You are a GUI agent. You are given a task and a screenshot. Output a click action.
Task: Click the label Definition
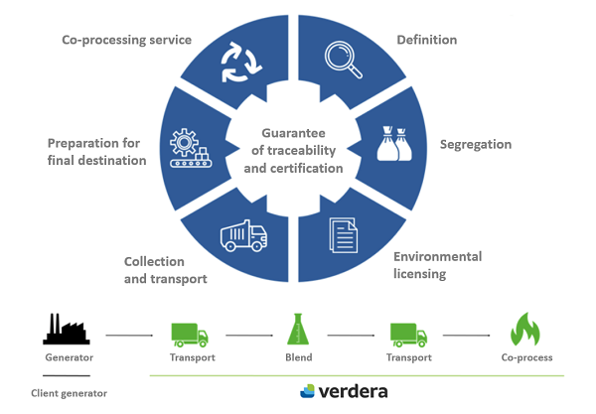pyautogui.click(x=426, y=41)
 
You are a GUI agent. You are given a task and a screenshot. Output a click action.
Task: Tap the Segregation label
pyautogui.click(x=475, y=145)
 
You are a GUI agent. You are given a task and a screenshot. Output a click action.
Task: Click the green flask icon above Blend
pyautogui.click(x=296, y=329)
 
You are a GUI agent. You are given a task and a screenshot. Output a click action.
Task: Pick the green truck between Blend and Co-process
pyautogui.click(x=407, y=333)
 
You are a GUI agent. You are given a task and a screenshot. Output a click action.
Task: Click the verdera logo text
pyautogui.click(x=348, y=391)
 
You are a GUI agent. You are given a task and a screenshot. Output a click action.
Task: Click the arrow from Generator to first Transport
pyautogui.click(x=128, y=336)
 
